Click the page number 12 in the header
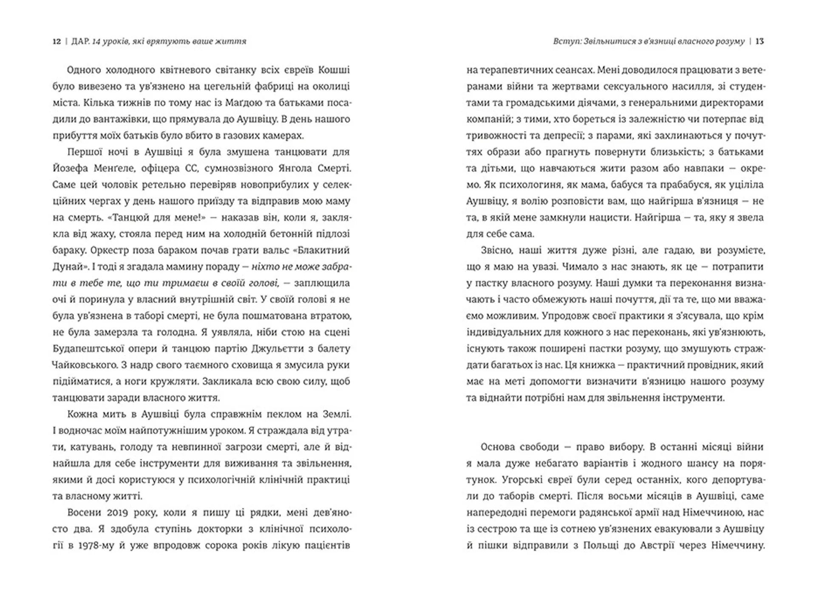pyautogui.click(x=57, y=41)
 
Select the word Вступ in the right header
pyautogui.click(x=567, y=41)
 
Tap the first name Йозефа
pyautogui.click(x=71, y=168)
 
